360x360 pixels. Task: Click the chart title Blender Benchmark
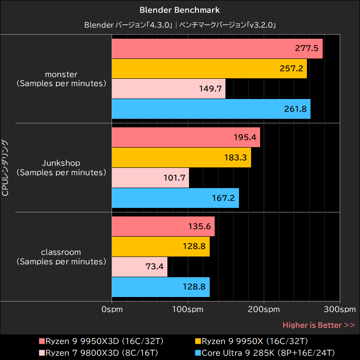(180, 9)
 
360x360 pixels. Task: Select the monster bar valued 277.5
(217, 49)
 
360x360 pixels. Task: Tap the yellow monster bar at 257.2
(209, 68)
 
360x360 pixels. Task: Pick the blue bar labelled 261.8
(211, 109)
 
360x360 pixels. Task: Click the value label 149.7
(210, 89)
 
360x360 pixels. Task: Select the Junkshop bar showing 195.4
(185, 137)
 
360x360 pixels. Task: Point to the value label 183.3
(234, 157)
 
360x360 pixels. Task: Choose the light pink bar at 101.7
(150, 178)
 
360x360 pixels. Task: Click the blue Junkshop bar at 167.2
(175, 198)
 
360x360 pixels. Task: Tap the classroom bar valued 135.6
(163, 226)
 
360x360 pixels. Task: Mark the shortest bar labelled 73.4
(139, 267)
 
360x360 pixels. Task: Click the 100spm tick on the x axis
(188, 310)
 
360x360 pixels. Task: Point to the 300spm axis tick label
(340, 310)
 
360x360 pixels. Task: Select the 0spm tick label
(112, 310)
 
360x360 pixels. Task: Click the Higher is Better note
(318, 325)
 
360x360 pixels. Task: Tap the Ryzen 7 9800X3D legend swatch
(42, 352)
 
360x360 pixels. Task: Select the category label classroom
(61, 252)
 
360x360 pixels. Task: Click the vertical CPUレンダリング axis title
(5, 168)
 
